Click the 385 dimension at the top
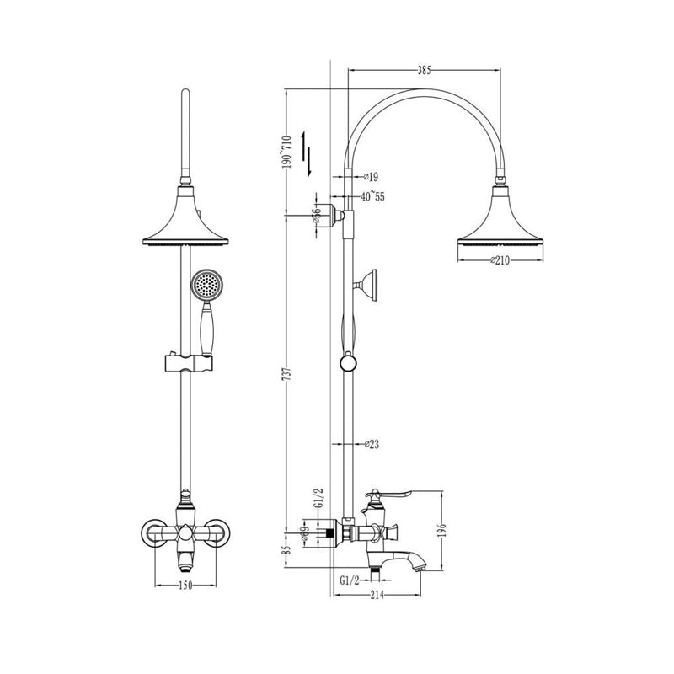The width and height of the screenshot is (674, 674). pyautogui.click(x=425, y=71)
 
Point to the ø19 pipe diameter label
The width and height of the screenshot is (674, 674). pyautogui.click(x=371, y=177)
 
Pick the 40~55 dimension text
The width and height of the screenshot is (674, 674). pyautogui.click(x=372, y=196)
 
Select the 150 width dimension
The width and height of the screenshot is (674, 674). pyautogui.click(x=185, y=584)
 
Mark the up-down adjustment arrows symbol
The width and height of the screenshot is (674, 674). pyautogui.click(x=311, y=156)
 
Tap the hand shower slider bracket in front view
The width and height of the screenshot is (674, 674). pyautogui.click(x=185, y=363)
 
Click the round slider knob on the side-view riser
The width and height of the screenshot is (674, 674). pyautogui.click(x=346, y=364)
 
